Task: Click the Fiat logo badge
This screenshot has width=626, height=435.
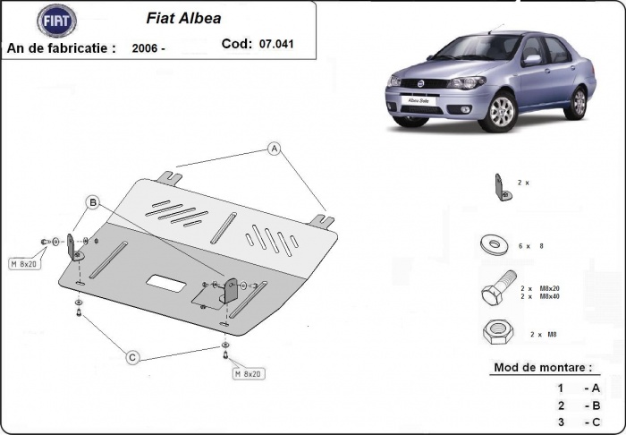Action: (x=57, y=20)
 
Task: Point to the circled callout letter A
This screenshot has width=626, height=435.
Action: (x=275, y=149)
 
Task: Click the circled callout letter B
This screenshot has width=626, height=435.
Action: (x=91, y=203)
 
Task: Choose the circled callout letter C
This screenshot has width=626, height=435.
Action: (x=132, y=357)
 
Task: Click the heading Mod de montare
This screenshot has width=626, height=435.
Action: (x=542, y=367)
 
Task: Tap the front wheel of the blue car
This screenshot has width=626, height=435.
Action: (x=503, y=112)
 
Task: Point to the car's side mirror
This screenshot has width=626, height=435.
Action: (x=532, y=60)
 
